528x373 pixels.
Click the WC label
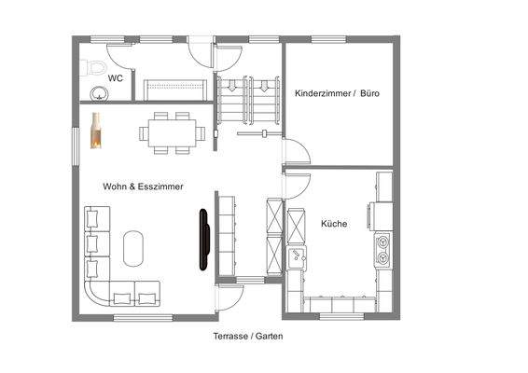(x=117, y=78)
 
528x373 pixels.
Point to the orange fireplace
(x=95, y=131)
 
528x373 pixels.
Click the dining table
(x=174, y=132)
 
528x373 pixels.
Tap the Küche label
(x=334, y=224)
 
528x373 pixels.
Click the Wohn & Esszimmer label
(x=143, y=186)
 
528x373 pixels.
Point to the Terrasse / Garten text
(x=247, y=336)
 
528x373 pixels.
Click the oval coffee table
(x=135, y=248)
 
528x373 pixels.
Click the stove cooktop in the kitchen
(x=382, y=248)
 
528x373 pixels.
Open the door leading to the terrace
(x=229, y=298)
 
